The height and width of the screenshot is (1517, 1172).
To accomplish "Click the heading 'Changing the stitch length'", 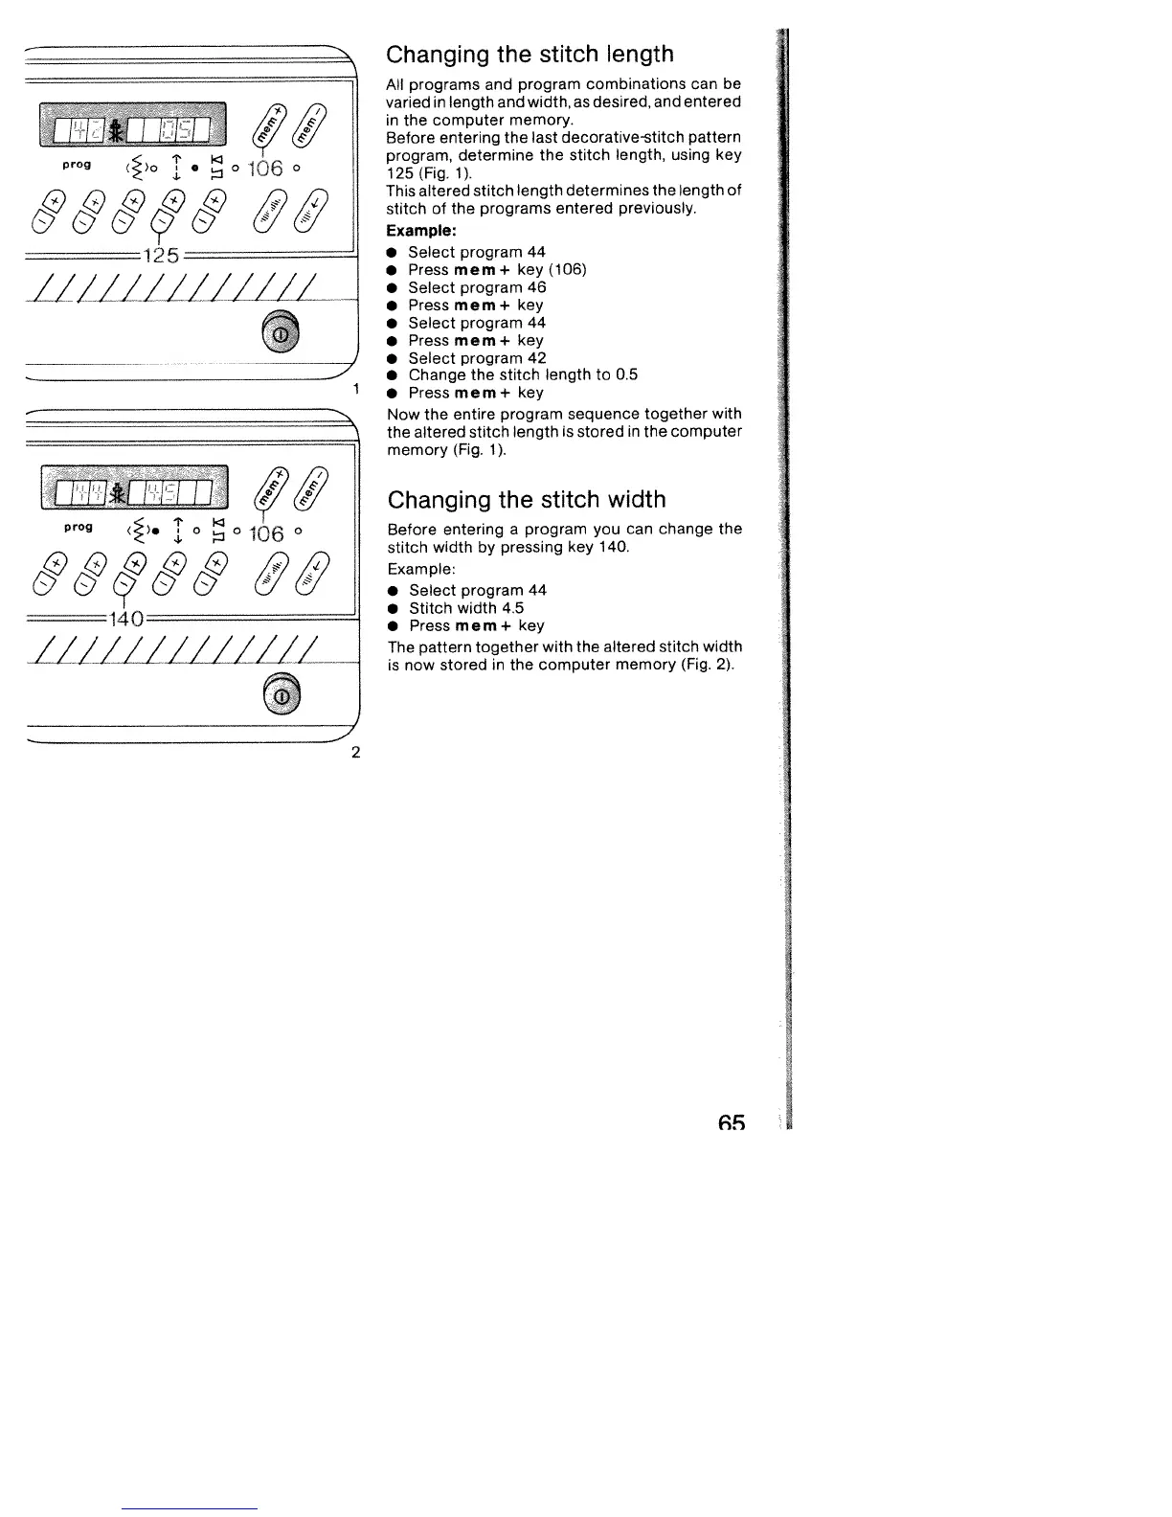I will click(x=530, y=55).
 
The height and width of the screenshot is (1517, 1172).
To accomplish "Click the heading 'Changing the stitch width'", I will click(x=526, y=500).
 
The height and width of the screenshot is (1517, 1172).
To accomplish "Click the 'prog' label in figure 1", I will click(x=76, y=165).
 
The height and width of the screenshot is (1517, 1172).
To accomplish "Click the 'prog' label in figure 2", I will click(x=77, y=528).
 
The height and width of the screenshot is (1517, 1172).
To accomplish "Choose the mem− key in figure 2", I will click(x=320, y=487).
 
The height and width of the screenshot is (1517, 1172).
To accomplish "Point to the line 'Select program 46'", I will click(x=477, y=287).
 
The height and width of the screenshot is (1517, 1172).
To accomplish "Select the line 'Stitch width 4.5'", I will click(x=466, y=608).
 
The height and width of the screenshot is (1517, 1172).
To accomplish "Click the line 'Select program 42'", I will click(x=477, y=358).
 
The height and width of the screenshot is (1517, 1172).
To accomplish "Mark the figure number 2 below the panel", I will click(x=355, y=751).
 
